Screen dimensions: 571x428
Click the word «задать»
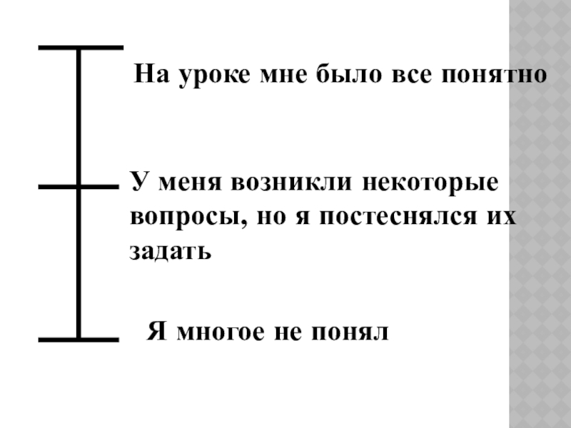(170, 252)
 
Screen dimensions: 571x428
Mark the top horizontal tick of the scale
(80, 48)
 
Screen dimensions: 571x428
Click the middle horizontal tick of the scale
(78, 188)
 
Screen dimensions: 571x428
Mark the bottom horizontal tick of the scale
(78, 339)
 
